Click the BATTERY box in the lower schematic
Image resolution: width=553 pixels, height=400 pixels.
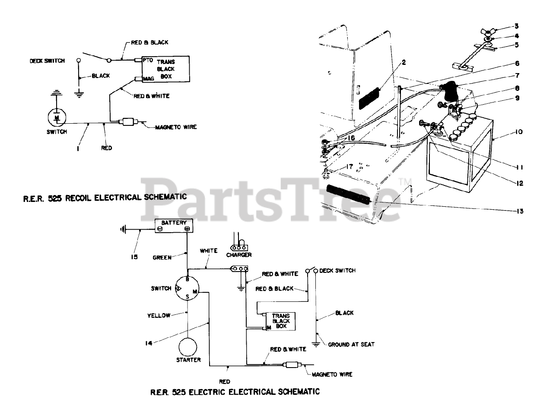[x=174, y=226]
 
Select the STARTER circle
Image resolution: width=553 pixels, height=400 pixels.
[x=188, y=347]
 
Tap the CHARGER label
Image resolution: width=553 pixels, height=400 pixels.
[x=239, y=255]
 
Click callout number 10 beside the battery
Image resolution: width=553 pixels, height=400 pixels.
[x=519, y=132]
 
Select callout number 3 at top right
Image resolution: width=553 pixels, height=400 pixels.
[x=516, y=26]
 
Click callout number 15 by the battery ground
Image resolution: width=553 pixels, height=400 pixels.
[x=134, y=257]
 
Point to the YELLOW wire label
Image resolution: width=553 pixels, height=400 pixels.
[x=159, y=316]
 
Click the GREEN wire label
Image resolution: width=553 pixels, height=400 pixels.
[x=162, y=257]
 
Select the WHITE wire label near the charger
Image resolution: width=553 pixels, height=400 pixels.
[x=208, y=251]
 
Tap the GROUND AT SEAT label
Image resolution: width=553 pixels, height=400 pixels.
[x=351, y=345]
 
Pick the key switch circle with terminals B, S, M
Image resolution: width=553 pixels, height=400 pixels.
[x=187, y=288]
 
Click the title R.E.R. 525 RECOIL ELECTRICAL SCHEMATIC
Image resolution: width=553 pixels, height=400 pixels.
[x=105, y=197]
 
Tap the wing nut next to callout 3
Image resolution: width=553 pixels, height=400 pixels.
[x=488, y=32]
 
